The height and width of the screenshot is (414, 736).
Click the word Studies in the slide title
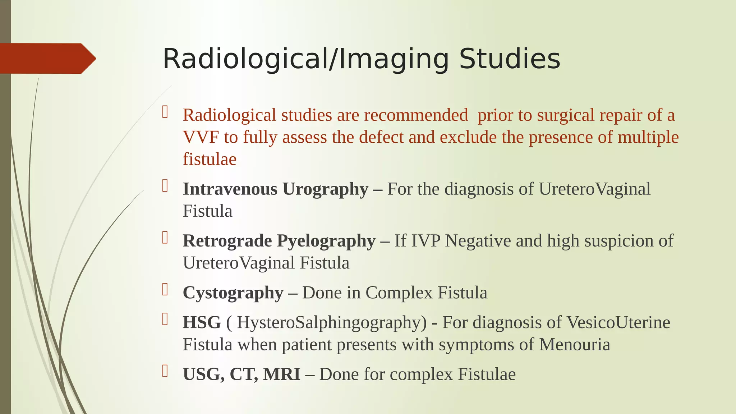pos(510,59)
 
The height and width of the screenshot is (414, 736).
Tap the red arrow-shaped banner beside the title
pos(47,59)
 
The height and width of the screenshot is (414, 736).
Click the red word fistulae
pos(210,159)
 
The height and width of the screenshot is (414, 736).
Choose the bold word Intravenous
pos(230,189)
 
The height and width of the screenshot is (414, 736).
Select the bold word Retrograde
pos(227,241)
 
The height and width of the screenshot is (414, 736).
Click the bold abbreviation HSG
pos(202,322)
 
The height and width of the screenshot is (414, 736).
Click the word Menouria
pos(574,344)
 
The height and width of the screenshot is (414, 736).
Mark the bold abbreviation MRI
pos(281,374)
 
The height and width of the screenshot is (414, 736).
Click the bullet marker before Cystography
pos(165,289)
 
